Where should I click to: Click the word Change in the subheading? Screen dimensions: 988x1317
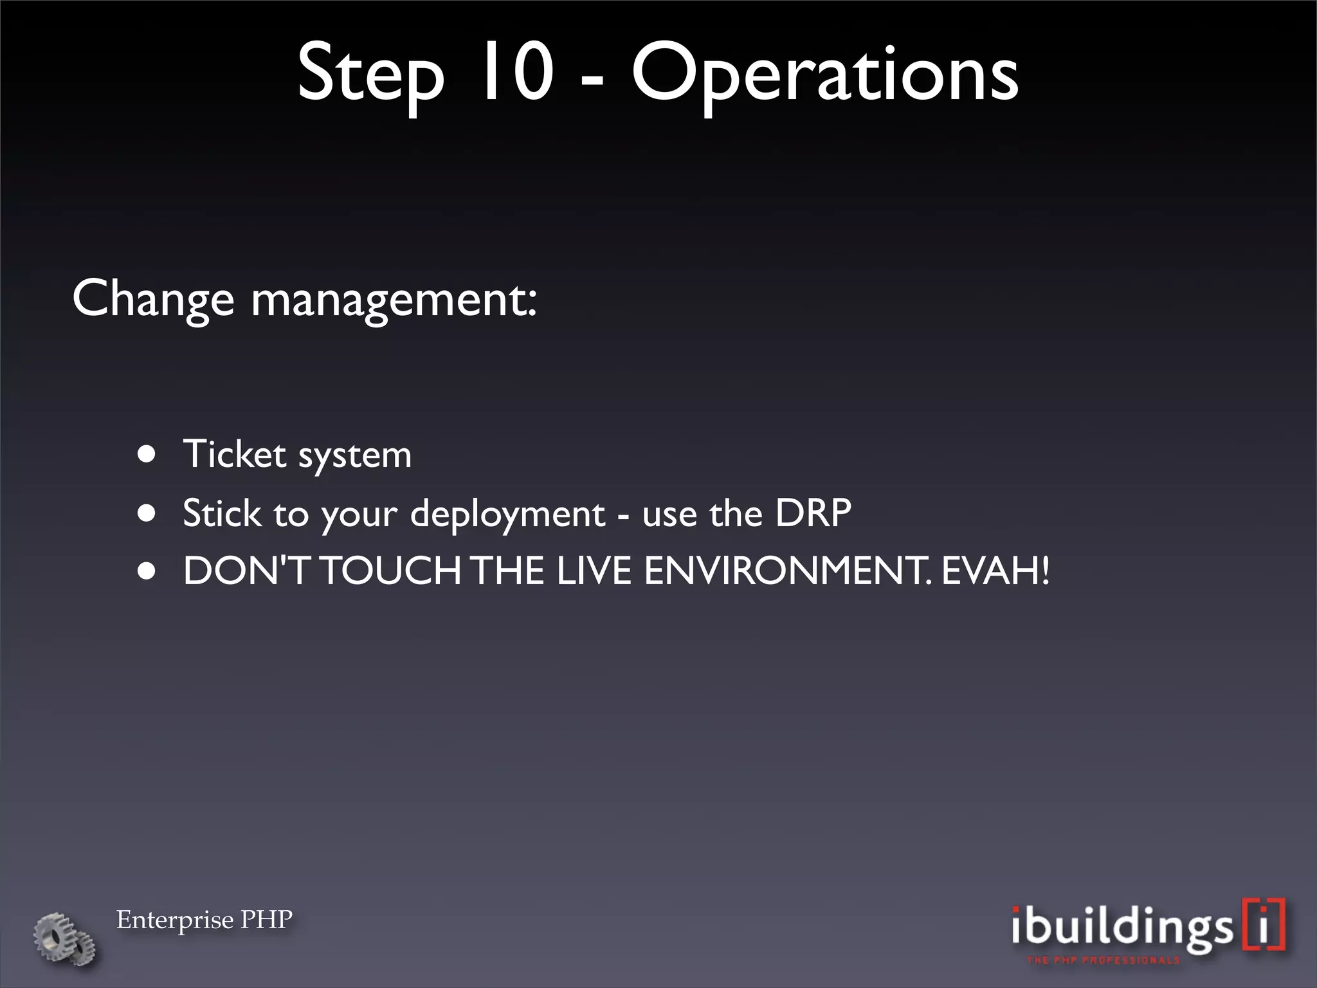[x=153, y=300]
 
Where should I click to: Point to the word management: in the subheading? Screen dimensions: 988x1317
[x=394, y=300]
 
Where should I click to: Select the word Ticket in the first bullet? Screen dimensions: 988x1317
[x=234, y=455]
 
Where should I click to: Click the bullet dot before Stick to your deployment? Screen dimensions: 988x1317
[x=147, y=513]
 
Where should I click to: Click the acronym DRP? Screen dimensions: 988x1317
[x=813, y=513]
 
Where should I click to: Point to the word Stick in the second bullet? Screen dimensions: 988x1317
[x=222, y=513]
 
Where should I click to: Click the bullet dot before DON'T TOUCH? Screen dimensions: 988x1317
[x=147, y=571]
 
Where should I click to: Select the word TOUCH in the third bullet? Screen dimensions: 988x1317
[x=391, y=571]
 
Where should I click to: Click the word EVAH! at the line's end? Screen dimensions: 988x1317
[x=995, y=571]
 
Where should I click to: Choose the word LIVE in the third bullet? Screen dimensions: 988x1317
[x=594, y=571]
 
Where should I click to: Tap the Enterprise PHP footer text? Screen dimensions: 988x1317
[x=204, y=920]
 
